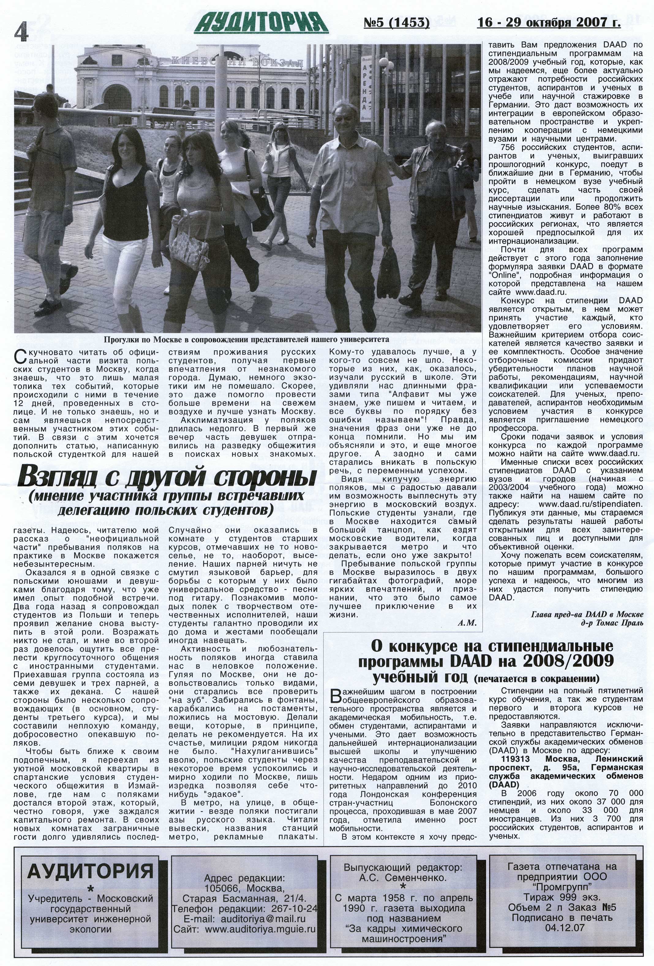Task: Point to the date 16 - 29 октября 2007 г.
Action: pyautogui.click(x=548, y=22)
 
